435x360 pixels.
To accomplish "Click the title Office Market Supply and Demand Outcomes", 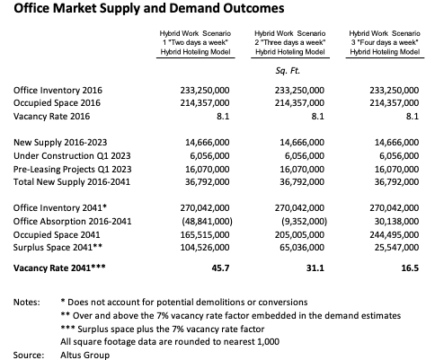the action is (x=149, y=8).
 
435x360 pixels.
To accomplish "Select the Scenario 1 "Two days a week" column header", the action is (x=195, y=42).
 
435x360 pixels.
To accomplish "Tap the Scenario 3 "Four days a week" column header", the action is (x=385, y=42).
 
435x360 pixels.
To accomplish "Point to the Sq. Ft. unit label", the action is (x=288, y=71).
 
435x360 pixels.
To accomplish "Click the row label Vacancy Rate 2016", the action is (x=51, y=116).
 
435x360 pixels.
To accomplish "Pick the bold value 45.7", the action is (x=220, y=268).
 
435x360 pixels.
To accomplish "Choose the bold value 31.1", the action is (x=315, y=268).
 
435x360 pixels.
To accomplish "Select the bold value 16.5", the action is (x=410, y=268).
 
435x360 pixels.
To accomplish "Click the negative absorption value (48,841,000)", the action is (x=207, y=222).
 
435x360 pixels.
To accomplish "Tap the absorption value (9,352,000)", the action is (x=304, y=222).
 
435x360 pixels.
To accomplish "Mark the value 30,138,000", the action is (x=396, y=222).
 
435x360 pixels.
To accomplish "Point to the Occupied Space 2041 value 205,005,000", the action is (x=299, y=234).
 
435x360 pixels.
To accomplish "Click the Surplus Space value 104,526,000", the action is (x=205, y=248).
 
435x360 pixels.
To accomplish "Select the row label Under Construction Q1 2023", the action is (x=72, y=156).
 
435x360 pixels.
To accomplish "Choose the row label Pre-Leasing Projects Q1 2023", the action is (x=72, y=170).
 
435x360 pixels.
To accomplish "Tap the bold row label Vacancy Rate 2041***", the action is (x=59, y=268).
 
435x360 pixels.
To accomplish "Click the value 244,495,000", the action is (x=395, y=234).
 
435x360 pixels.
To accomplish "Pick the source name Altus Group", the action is (x=85, y=356).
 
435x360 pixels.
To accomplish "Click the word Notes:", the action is (x=27, y=303).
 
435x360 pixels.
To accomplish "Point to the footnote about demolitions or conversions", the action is (x=184, y=303).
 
